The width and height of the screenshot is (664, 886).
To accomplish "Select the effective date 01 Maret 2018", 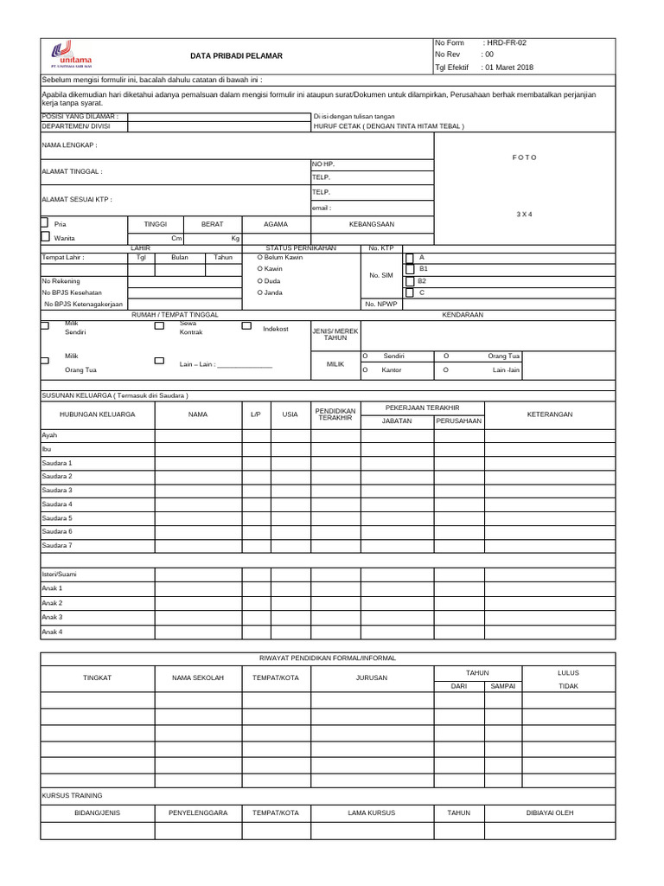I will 509,67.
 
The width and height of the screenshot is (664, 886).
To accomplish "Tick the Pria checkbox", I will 45,222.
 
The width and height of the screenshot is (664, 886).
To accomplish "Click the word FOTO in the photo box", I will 524,157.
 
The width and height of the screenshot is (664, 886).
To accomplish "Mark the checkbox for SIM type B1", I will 410,269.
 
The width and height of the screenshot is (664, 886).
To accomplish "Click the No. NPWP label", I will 380,305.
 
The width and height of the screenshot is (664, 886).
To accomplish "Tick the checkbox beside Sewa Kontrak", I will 159,327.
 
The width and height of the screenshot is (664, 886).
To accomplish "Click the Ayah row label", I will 49,435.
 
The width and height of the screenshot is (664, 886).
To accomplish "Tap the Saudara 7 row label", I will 57,545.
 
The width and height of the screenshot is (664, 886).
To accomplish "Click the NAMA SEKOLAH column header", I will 198,677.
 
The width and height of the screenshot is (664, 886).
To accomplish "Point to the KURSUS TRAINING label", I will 72,795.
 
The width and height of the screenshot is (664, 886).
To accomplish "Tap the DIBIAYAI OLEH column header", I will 550,812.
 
